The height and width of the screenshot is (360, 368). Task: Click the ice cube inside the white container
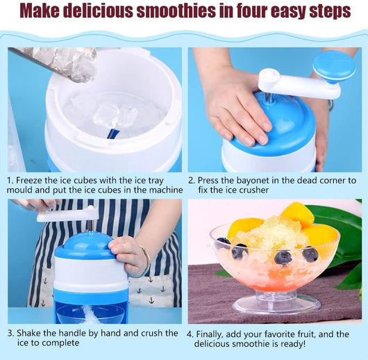pos(115,115)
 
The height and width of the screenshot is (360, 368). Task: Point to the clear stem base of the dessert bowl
pos(276,302)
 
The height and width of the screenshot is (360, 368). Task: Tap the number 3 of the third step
pos(10,334)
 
